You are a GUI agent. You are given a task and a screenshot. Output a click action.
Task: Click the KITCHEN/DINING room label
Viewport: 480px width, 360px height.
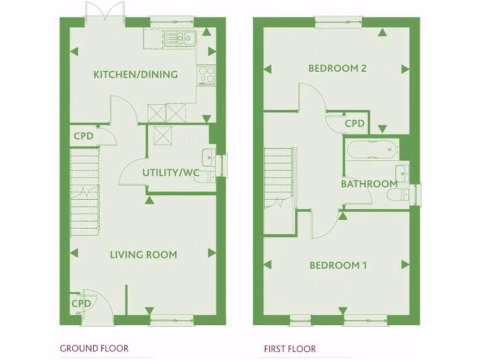pos(135,74)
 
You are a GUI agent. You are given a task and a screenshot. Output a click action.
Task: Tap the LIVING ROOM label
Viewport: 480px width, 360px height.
pos(143,255)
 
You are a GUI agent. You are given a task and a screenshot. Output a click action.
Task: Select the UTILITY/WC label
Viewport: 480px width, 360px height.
pos(171,173)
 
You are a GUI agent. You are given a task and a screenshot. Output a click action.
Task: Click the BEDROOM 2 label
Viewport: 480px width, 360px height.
pos(337,68)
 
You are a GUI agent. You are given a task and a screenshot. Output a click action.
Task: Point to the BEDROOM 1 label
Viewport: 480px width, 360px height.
pos(337,265)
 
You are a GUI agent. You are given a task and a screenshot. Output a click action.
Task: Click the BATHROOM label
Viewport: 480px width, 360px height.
pos(369,184)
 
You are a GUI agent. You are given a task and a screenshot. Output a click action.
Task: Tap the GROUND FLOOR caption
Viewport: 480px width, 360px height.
pos(94,348)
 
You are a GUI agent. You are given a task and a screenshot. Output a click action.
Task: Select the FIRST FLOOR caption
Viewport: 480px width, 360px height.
pos(290,349)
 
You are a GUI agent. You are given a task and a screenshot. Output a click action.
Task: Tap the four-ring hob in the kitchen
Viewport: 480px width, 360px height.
pos(206,75)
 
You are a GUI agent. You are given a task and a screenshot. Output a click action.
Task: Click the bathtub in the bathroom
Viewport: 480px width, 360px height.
pos(372,150)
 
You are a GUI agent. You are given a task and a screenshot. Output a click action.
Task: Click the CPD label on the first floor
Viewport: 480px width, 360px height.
pos(355,124)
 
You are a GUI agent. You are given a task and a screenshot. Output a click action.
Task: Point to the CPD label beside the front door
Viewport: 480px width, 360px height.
pos(81,304)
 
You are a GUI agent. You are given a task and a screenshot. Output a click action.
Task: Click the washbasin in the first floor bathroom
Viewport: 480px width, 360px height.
pos(402,172)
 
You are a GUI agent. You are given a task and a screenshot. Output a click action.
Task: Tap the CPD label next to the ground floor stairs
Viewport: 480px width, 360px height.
pos(84,136)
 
